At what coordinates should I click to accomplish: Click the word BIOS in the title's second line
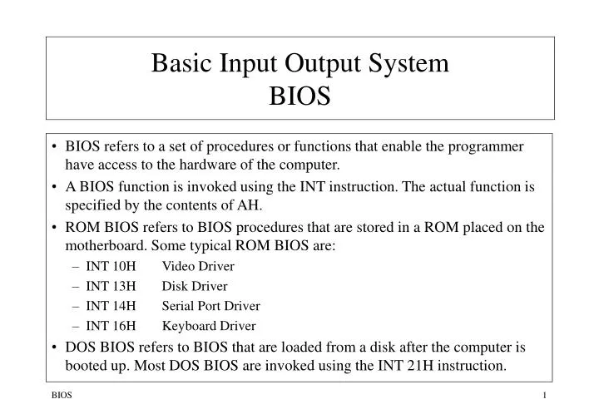point(299,97)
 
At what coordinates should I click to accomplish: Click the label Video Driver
point(198,266)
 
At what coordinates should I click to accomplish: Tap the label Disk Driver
point(195,286)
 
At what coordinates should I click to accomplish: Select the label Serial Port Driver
point(210,306)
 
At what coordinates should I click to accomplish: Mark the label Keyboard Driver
point(209,326)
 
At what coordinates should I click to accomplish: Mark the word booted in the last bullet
point(87,365)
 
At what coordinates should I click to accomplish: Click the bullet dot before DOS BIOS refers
point(55,347)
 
